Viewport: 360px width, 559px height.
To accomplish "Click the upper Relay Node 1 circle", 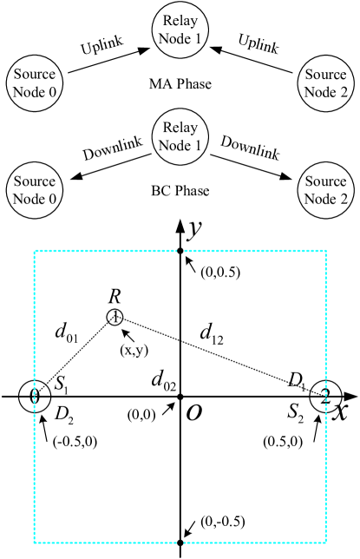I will click(x=181, y=29).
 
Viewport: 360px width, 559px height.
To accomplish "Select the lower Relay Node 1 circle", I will click(x=181, y=137).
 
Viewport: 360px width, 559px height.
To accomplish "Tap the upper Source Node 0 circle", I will click(x=35, y=83).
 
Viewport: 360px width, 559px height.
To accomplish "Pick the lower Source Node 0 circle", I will click(x=35, y=191).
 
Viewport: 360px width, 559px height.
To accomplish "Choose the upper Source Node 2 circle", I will click(x=325, y=83).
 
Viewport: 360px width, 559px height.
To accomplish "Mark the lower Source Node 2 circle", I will click(x=325, y=191).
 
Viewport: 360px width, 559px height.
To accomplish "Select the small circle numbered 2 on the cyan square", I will click(x=325, y=397).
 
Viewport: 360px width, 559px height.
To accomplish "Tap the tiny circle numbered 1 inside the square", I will click(x=115, y=317).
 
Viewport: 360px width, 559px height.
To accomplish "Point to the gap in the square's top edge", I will click(x=180, y=252).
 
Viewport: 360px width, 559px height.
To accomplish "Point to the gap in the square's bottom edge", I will click(x=180, y=543).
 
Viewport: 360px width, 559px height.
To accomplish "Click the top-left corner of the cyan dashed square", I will click(x=35, y=252).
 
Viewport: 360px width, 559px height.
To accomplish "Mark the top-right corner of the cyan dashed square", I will click(x=326, y=252).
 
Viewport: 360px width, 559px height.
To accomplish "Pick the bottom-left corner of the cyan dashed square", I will click(x=35, y=543).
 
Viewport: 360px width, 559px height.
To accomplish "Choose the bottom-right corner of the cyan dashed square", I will click(x=326, y=543).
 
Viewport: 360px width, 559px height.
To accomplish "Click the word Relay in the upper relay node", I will click(x=181, y=20).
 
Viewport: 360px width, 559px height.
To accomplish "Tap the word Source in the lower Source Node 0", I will click(x=35, y=182).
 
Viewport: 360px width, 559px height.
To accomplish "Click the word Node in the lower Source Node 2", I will click(x=317, y=201).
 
